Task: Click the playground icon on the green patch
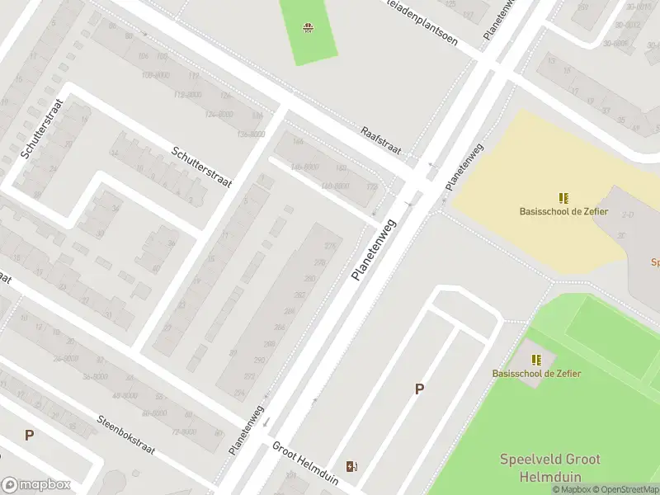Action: click(309, 29)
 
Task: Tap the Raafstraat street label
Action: click(380, 141)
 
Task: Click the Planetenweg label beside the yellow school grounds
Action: click(464, 168)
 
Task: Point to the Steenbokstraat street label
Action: click(126, 436)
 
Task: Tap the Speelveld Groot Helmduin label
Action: click(549, 468)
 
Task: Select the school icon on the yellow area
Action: click(563, 198)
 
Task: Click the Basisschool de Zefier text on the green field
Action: click(536, 374)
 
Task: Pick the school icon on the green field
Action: click(536, 360)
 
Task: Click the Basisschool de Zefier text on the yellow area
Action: click(563, 212)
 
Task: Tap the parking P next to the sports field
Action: click(419, 389)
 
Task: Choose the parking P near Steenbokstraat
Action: click(29, 435)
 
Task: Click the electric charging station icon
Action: click(352, 466)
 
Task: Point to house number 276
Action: click(331, 247)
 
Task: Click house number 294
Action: click(240, 393)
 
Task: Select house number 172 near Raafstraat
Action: click(371, 187)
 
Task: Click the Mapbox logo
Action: click(36, 485)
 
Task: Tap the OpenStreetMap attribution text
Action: click(625, 490)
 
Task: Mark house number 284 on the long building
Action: click(290, 311)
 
